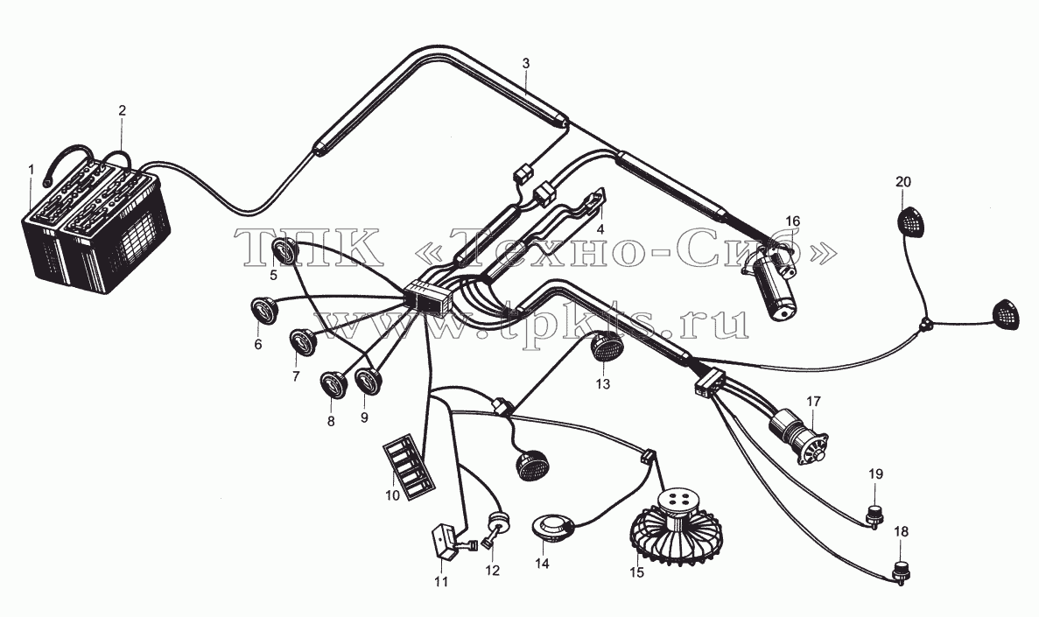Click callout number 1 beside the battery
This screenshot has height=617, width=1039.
point(31,171)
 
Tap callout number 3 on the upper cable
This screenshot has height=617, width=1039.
point(525,64)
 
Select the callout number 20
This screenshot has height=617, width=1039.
point(903,181)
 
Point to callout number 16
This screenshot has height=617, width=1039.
point(792,221)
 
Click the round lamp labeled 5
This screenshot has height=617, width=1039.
point(286,252)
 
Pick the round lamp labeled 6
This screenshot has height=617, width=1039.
point(264,311)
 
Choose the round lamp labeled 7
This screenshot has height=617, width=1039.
point(304,341)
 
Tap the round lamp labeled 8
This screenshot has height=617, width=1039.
point(334,385)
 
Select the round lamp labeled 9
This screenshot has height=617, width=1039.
point(368,382)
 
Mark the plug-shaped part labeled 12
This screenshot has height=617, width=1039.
point(498,527)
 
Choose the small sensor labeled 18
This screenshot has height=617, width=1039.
point(900,572)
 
